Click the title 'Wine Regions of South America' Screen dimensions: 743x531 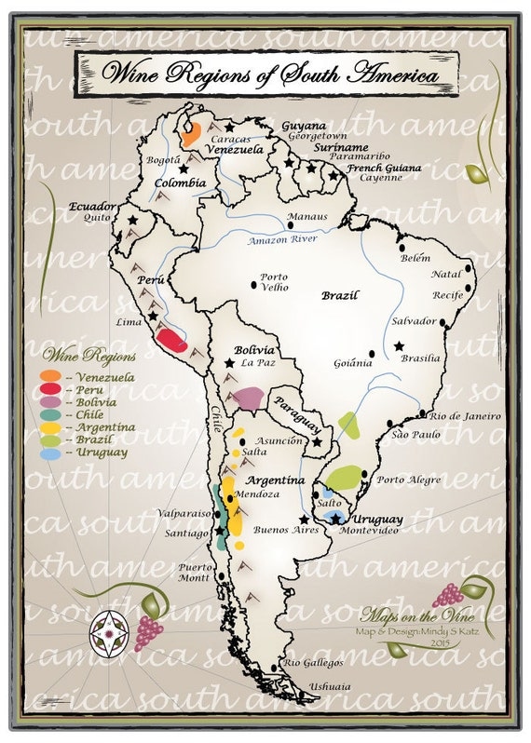point(269,72)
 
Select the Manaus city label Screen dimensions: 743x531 point(306,217)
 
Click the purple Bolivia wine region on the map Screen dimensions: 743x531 point(249,398)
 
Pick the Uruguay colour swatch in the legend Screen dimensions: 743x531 point(50,453)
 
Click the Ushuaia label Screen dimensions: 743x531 point(331,687)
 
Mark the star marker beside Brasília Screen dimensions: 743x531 point(399,346)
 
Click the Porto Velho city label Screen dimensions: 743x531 point(273,282)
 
